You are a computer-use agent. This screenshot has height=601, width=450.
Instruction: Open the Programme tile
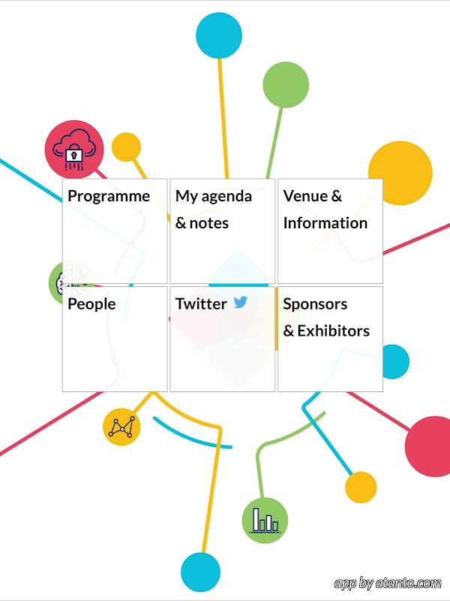pos(115,231)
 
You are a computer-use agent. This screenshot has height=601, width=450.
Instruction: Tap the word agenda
pos(226,197)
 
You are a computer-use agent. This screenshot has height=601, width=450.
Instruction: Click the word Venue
pos(305,196)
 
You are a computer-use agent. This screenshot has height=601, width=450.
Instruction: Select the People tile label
pos(91,304)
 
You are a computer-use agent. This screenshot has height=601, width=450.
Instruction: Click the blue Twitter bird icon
pos(240,302)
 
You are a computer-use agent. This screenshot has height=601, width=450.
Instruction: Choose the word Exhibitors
pos(334,331)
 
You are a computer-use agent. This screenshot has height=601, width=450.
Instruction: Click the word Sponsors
pos(315,304)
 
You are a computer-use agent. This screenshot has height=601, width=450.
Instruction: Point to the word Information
pos(325,223)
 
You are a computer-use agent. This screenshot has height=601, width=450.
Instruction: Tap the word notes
pos(209,223)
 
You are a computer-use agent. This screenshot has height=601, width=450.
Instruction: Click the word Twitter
pos(201,304)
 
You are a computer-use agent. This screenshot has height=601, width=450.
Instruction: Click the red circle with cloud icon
pos(74,149)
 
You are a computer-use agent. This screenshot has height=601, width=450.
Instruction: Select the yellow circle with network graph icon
pos(121,427)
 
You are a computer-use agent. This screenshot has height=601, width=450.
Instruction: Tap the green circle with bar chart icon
pos(265,521)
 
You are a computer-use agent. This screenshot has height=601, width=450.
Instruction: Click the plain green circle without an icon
pos(286,85)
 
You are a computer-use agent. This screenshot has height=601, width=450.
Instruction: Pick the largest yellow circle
pos(400,174)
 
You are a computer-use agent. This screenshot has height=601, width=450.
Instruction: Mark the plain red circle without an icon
pos(427,446)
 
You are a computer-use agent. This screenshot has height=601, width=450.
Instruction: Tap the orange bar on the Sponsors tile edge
pos(276,319)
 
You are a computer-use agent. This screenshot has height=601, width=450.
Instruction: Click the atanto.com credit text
pos(388,584)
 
